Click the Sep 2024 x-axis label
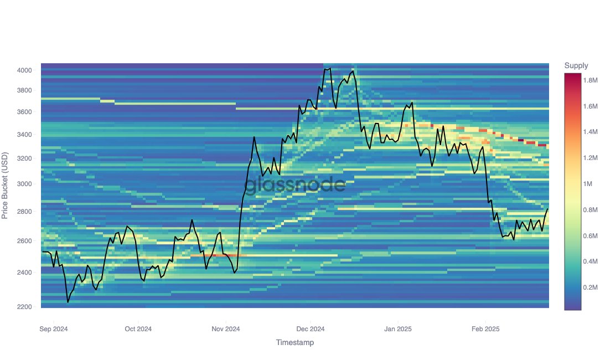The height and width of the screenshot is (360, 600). [x=54, y=329]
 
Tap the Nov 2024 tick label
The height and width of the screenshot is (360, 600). [x=226, y=329]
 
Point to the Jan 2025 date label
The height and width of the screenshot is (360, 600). [x=397, y=329]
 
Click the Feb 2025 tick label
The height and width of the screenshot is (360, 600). [x=485, y=329]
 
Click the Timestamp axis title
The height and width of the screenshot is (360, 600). [x=295, y=343]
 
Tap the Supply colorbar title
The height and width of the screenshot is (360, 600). [x=576, y=66]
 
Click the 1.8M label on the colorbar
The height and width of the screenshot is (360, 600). [x=591, y=80]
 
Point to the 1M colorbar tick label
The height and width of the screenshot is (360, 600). [x=589, y=184]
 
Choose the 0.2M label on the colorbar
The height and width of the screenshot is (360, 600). [x=591, y=288]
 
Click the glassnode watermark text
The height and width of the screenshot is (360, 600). [x=295, y=184]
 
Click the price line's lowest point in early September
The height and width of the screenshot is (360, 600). [x=68, y=302]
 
